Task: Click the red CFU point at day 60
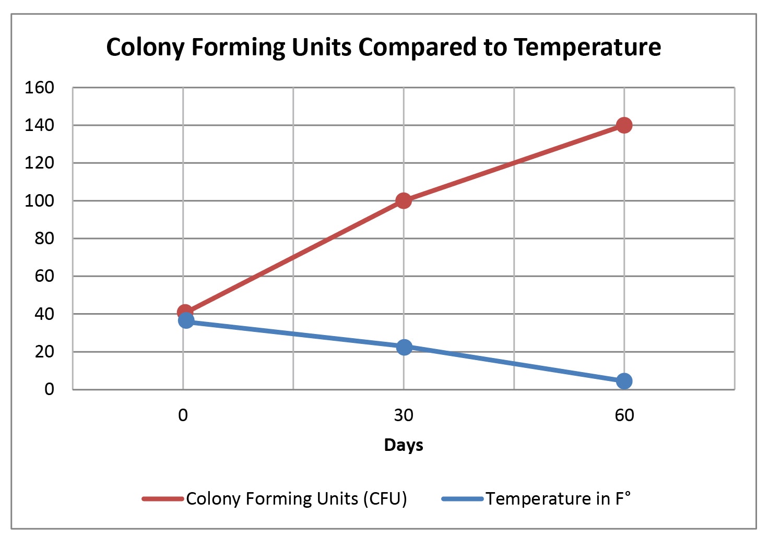click(624, 125)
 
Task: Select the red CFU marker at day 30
click(403, 200)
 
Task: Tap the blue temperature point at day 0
click(186, 320)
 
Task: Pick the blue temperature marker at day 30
click(404, 347)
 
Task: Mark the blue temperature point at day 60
click(624, 381)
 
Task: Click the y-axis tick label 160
click(39, 88)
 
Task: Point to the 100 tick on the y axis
click(39, 200)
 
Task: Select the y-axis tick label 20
click(44, 352)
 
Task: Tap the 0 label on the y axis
click(49, 389)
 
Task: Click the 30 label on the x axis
click(403, 415)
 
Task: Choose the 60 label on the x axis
click(624, 415)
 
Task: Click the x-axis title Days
click(403, 445)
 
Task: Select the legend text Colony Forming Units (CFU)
click(296, 499)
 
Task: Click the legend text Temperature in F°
click(558, 499)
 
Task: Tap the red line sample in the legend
click(163, 499)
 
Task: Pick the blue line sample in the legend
click(463, 499)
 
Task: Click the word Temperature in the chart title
click(587, 47)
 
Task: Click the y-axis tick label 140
click(39, 125)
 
